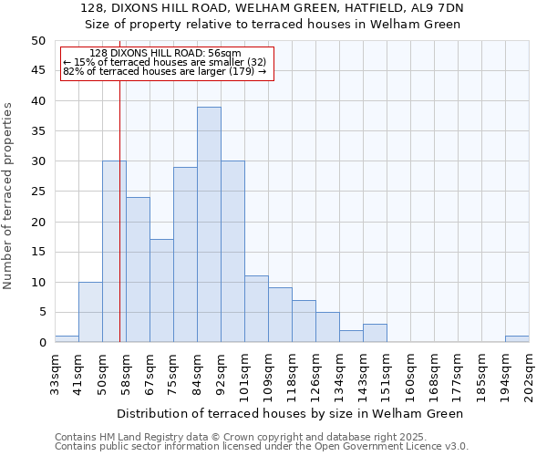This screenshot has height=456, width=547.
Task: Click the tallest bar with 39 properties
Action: [209, 224]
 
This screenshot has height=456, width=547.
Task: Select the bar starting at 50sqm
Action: [114, 252]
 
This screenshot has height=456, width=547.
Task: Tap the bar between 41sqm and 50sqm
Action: [90, 312]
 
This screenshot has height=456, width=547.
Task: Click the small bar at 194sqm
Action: [517, 339]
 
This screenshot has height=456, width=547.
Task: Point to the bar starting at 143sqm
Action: [375, 333]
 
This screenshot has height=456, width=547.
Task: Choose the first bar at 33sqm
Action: [67, 339]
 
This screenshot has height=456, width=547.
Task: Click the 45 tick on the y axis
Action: [38, 70]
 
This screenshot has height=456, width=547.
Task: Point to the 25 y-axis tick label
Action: [38, 192]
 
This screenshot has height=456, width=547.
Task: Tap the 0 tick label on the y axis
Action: [42, 343]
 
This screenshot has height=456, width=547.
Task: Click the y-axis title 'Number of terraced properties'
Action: [8, 195]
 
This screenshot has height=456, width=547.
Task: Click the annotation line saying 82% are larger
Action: [164, 70]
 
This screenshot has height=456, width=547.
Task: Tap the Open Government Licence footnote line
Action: [262, 446]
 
